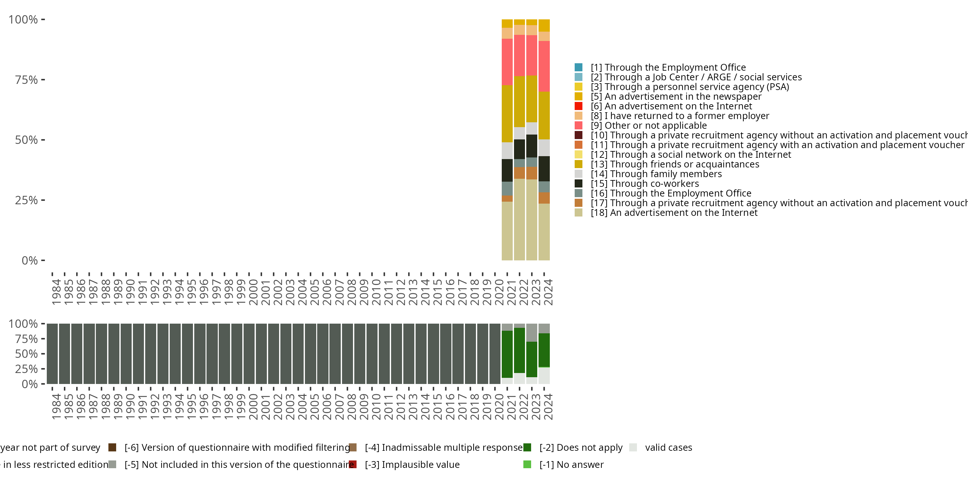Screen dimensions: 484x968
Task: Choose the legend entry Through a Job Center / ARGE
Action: coord(696,77)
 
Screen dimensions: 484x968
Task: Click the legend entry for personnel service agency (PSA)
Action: coord(690,87)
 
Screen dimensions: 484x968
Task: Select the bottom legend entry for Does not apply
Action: coord(580,448)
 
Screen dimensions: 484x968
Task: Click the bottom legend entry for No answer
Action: coord(571,464)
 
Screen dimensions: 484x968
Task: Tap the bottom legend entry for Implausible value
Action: coord(412,464)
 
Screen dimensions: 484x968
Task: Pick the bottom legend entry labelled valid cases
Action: coord(668,448)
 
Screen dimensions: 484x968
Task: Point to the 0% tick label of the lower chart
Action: coord(30,384)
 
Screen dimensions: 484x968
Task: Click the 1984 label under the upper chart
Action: coord(56,292)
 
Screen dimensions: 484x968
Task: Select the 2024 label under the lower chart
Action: coord(548,407)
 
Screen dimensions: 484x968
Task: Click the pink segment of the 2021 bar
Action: coord(507,62)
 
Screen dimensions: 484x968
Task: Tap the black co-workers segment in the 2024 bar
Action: coord(544,169)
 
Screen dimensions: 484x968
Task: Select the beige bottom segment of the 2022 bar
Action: coord(519,219)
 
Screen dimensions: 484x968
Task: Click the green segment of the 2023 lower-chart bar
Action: coord(532,359)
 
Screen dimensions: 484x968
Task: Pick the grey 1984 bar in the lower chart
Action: coord(52,354)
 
